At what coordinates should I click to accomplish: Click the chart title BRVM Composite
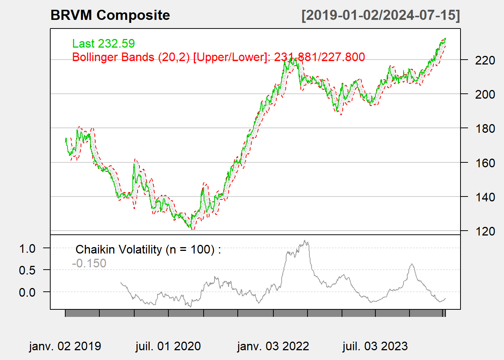click(110, 15)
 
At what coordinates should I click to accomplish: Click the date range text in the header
click(381, 15)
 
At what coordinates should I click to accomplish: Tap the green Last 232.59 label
click(103, 43)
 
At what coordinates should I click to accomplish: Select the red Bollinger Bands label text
click(218, 57)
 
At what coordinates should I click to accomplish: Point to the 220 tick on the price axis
click(485, 60)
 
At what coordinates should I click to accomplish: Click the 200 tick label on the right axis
click(485, 94)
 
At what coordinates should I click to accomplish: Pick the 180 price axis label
click(485, 128)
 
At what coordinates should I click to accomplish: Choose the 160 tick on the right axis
click(485, 163)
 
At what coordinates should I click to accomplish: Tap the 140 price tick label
click(485, 197)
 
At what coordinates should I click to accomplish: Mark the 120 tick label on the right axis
click(485, 231)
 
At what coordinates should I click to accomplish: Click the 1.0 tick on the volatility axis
click(27, 248)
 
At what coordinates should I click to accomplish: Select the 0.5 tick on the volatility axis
click(27, 270)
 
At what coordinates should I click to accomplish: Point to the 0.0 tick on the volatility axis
click(27, 292)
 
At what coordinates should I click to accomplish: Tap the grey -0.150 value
click(89, 263)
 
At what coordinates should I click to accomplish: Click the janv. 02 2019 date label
click(65, 346)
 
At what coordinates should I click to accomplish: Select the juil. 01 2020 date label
click(168, 346)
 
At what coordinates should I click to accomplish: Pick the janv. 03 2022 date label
click(273, 346)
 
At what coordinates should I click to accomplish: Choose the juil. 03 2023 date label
click(375, 346)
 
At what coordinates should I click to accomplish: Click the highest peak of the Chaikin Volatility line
click(305, 241)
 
